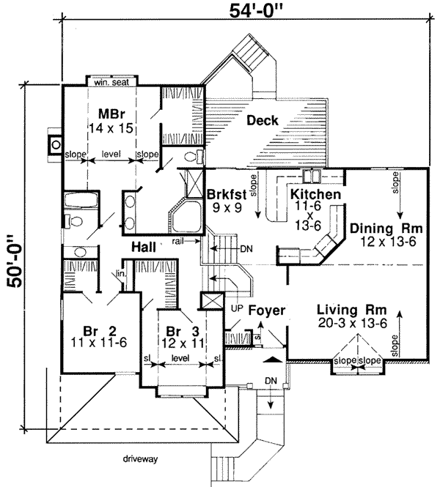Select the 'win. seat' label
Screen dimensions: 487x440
(109, 83)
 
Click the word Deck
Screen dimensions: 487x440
(262, 120)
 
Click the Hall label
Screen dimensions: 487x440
(144, 248)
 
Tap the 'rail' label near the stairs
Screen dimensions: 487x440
(178, 240)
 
